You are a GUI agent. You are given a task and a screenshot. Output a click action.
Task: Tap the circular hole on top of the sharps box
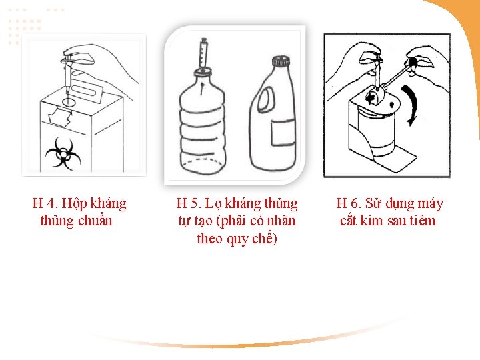pos(68,101)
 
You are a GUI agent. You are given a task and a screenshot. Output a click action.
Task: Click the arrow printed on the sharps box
pos(60,117)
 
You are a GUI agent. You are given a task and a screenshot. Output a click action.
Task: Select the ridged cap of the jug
pos(281,60)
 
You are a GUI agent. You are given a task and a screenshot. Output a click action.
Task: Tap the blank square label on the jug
pos(283,133)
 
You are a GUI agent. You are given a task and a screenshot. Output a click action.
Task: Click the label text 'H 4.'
pos(45,203)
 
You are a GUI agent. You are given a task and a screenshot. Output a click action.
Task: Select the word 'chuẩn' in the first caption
pos(95,221)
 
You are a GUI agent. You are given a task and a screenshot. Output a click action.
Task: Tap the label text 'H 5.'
pos(189,203)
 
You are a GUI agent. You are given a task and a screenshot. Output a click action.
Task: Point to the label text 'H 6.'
pos(349,203)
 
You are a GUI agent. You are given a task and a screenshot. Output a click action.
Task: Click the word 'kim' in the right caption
pos(371,221)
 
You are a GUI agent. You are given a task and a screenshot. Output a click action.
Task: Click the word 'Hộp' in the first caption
pos(73,204)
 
